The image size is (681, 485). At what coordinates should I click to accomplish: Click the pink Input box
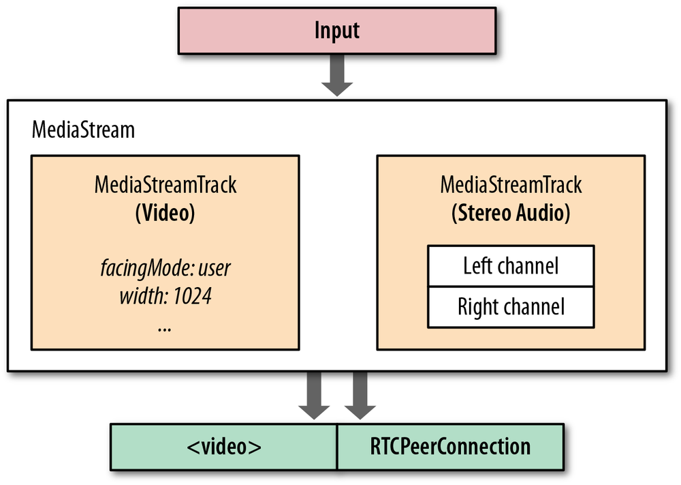coord(337,31)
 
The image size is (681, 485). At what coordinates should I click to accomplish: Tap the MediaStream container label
coord(83,130)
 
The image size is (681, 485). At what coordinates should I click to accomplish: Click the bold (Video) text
coord(165,213)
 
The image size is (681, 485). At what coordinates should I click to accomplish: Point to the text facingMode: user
coord(165,267)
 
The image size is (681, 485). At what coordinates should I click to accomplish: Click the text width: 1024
coord(165,297)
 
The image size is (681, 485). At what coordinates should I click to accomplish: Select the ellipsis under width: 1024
coord(164,327)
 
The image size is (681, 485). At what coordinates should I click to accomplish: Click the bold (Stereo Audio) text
coord(511,213)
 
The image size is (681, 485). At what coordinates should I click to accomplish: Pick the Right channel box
coord(511,306)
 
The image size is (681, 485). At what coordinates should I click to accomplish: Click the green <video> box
coord(224,447)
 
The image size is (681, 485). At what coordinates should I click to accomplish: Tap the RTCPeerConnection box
coord(450,447)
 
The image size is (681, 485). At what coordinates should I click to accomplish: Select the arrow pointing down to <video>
coord(314,396)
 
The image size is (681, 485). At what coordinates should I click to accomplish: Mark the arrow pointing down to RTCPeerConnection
coord(360,396)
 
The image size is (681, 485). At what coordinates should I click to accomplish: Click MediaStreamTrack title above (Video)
coord(165,185)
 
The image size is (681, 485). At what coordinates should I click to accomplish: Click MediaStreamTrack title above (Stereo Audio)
coord(511,185)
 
